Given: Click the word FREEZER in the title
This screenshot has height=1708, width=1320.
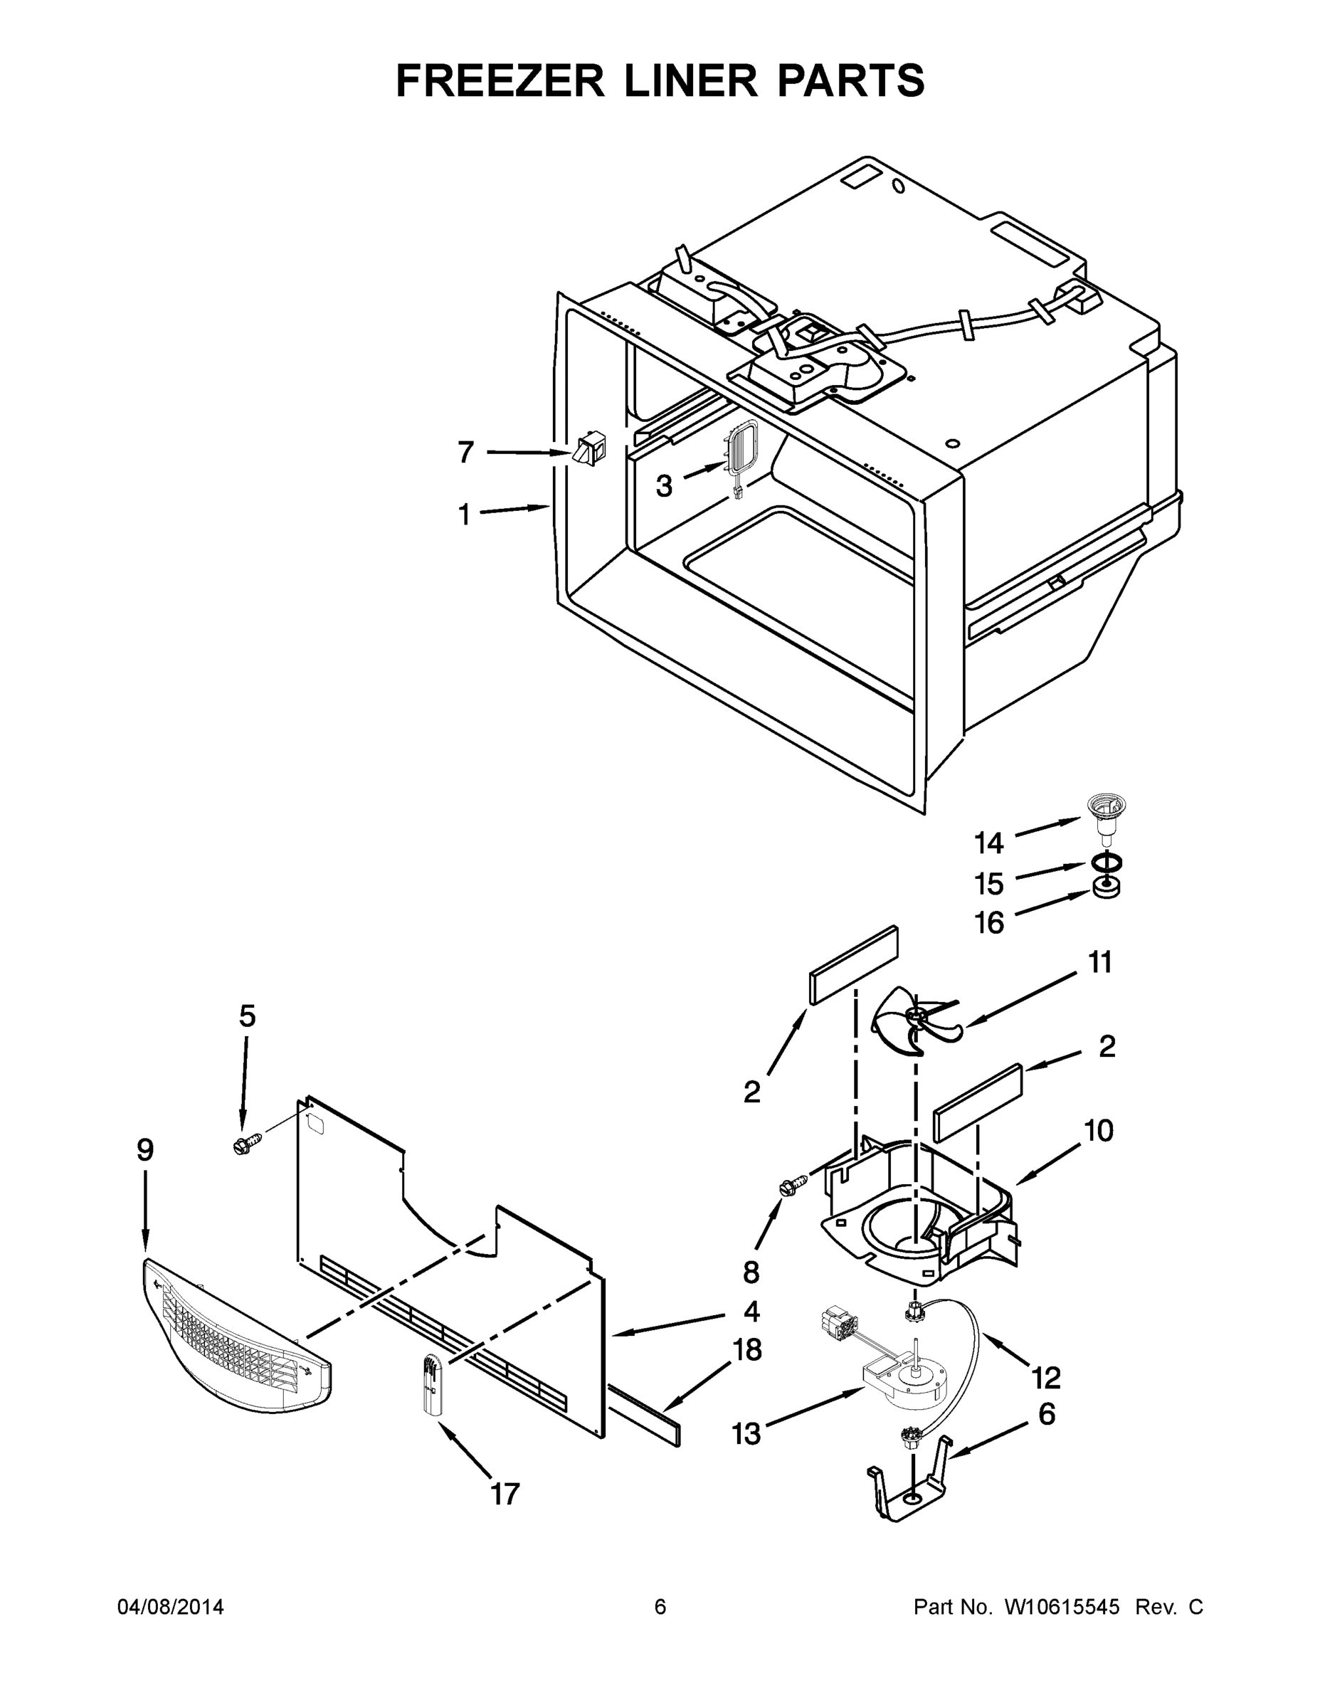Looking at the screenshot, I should tap(500, 80).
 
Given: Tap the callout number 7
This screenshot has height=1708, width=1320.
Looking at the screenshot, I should tap(465, 452).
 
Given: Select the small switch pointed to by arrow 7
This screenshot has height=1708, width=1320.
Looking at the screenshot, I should tap(586, 452).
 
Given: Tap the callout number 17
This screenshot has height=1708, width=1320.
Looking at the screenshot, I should tap(505, 1494).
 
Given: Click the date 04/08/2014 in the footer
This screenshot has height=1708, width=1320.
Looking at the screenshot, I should tap(171, 1607).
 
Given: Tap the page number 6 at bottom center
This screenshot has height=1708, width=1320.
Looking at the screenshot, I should tap(660, 1607).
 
